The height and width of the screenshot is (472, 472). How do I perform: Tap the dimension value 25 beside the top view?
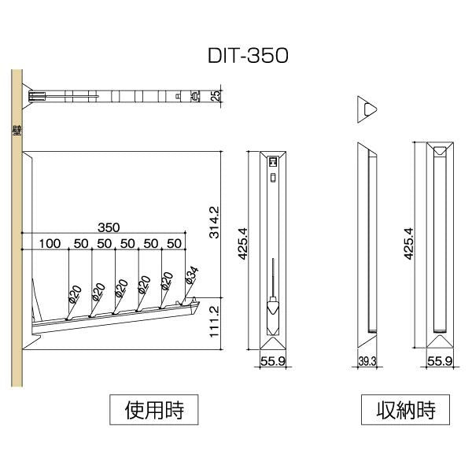tap(216, 96)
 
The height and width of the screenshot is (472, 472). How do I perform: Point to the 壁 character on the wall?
tap(16, 131)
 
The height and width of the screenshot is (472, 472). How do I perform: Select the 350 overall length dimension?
tap(109, 227)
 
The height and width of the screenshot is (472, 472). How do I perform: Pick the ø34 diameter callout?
tap(190, 276)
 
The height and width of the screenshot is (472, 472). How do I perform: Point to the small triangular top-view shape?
tap(367, 109)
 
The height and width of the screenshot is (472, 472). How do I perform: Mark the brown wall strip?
tap(16, 236)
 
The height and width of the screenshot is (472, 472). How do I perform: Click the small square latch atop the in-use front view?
tap(273, 160)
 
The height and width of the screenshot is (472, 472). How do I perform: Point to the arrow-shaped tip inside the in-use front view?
tap(273, 308)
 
